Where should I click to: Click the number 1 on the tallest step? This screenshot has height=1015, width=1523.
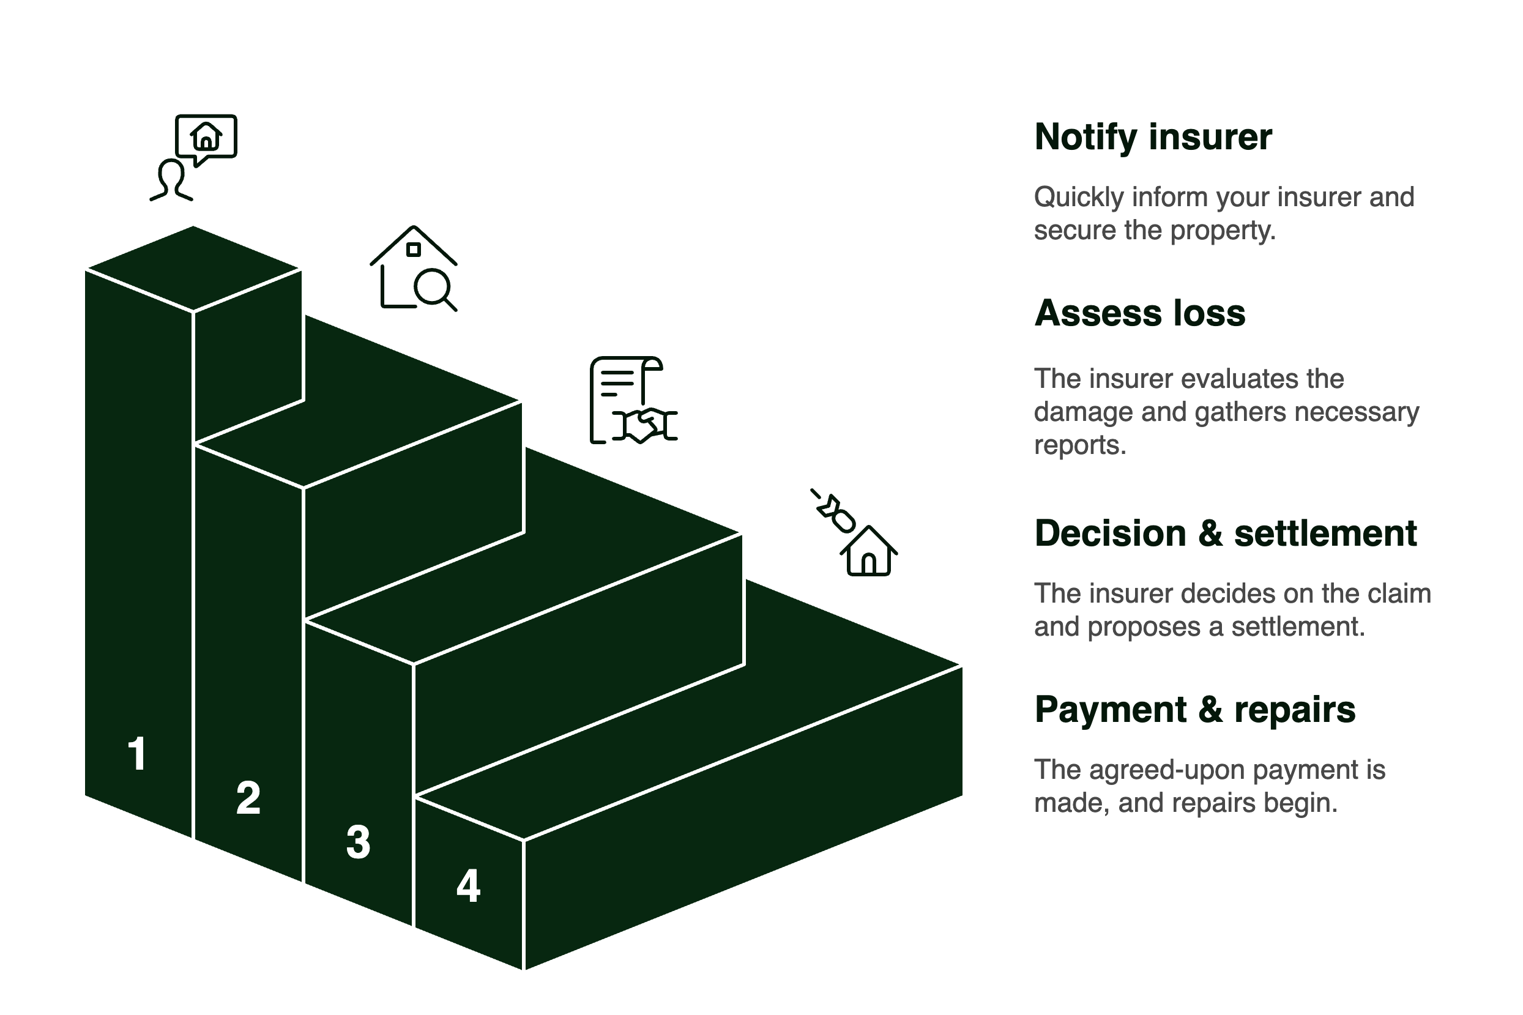[137, 754]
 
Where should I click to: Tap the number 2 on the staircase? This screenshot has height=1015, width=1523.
[248, 798]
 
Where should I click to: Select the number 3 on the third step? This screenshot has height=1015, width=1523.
[358, 842]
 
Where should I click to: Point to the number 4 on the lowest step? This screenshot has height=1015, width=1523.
[469, 885]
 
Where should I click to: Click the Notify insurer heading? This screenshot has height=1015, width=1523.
[1153, 137]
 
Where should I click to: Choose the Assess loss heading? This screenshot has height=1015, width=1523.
[1139, 313]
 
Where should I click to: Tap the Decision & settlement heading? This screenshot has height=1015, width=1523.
[1225, 534]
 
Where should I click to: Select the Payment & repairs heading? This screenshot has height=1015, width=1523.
[1195, 710]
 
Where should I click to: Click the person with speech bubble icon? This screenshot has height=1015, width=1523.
[193, 157]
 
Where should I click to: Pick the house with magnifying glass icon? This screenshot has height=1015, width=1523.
[414, 268]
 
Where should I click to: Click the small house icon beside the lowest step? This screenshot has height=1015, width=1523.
[869, 551]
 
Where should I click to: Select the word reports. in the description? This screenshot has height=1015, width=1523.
[1079, 445]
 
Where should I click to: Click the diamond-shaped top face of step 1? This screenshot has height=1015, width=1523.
[193, 267]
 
